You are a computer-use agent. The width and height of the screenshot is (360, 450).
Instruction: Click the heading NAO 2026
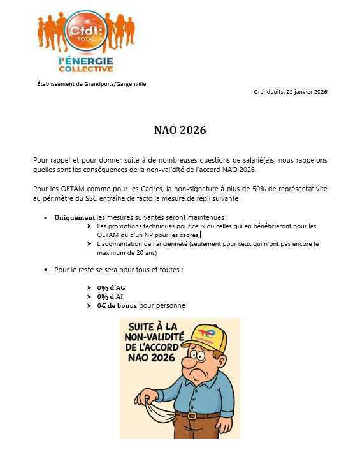point(180,131)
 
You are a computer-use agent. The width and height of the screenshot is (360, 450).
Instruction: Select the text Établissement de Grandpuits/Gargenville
point(92,83)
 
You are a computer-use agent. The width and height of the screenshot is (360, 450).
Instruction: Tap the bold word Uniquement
point(74,217)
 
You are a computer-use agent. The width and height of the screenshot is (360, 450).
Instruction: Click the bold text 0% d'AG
point(112,287)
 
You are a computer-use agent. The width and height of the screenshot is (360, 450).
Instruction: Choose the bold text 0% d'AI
point(111,296)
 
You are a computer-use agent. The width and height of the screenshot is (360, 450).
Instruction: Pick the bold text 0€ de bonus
point(117,305)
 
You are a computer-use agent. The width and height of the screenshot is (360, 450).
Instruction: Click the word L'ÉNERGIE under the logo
point(85,60)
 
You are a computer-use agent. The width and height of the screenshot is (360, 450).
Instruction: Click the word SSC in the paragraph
point(94,199)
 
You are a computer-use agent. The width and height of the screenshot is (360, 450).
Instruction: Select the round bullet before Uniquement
point(46,218)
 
